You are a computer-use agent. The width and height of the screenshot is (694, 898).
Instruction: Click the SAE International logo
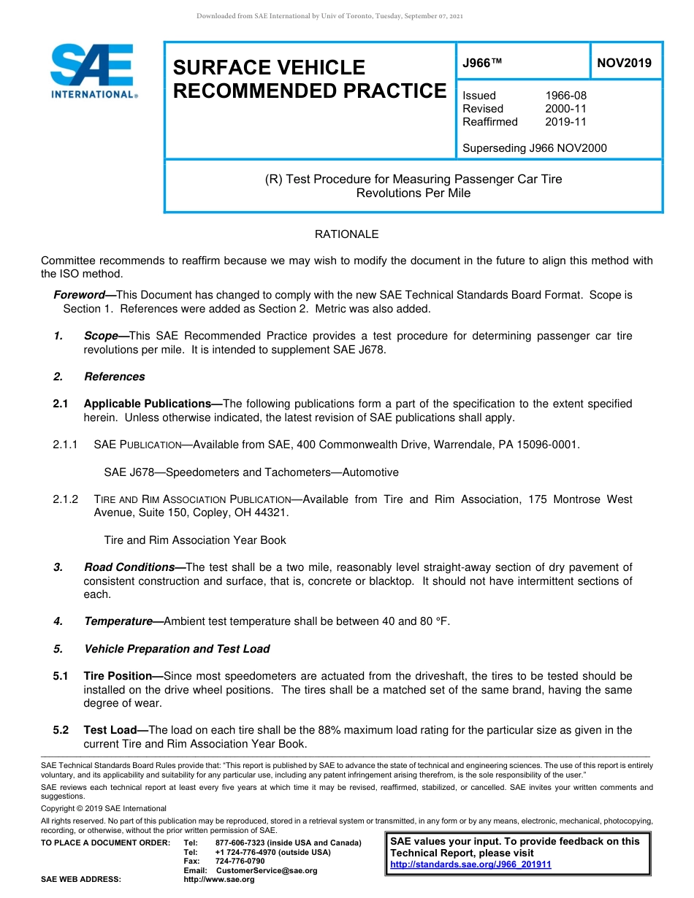point(94,71)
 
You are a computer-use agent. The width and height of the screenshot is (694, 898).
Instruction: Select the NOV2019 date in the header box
point(624,63)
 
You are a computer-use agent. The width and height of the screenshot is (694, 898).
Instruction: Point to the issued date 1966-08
point(565,96)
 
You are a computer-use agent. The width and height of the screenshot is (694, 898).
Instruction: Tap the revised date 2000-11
point(565,109)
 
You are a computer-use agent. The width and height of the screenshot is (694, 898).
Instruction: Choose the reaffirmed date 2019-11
point(565,122)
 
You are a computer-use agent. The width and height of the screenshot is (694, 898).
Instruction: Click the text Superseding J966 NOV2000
point(534,148)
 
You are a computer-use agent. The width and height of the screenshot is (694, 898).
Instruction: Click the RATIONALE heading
point(346,234)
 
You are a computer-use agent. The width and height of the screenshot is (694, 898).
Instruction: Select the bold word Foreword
point(80,295)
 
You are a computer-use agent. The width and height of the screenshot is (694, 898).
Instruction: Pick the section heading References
point(114,377)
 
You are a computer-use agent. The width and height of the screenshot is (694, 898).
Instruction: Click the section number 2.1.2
point(65,499)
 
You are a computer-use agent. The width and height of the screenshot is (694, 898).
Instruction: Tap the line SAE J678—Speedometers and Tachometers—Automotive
point(251,472)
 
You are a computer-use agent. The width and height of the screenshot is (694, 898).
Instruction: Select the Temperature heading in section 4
point(119,621)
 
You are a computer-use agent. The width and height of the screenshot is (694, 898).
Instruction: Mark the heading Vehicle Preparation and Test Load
point(177,649)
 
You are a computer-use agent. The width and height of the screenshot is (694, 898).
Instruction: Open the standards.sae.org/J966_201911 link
point(470,864)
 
